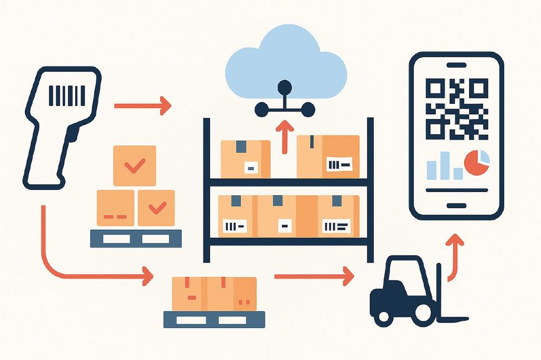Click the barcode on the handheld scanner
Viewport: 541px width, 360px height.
click(x=67, y=96)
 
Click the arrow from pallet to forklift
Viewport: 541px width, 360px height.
click(x=314, y=277)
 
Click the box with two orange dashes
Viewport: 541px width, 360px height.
click(x=115, y=208)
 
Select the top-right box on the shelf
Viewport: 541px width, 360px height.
click(x=328, y=156)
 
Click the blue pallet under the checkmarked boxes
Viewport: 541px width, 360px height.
click(x=136, y=238)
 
